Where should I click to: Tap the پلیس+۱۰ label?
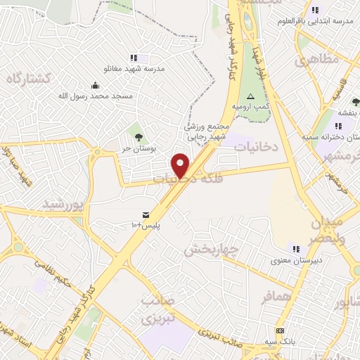(x=146, y=225)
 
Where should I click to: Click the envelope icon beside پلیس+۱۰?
(x=146, y=214)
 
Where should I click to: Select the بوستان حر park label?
(x=136, y=148)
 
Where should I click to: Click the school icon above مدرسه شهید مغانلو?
(x=134, y=58)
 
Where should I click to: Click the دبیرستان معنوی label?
(x=295, y=259)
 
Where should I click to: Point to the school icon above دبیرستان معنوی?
(x=295, y=248)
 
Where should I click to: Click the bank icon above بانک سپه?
(x=280, y=330)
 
